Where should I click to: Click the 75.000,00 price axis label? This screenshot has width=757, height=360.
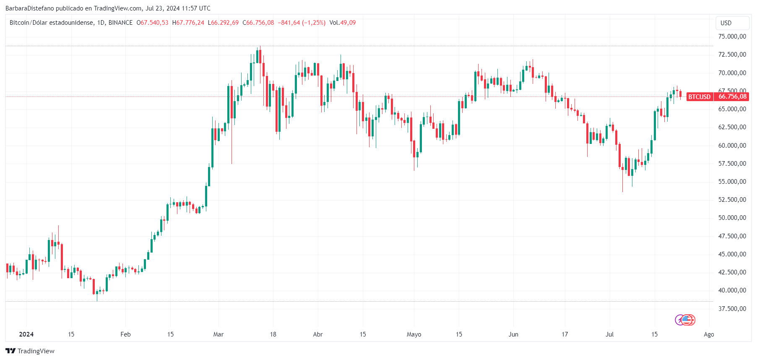[x=732, y=37]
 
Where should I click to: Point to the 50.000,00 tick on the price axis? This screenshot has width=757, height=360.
[x=732, y=218]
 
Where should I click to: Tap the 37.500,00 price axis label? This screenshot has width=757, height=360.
[x=732, y=309]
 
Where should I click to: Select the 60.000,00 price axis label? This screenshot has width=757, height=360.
[x=732, y=146]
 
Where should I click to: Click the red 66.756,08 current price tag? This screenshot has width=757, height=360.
[x=732, y=97]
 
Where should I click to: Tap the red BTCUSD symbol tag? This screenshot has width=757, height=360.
[x=699, y=97]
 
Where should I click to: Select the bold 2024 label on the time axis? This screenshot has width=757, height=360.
[x=26, y=334]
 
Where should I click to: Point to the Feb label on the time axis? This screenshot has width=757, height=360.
[x=125, y=334]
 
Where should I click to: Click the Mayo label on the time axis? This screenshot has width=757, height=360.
[x=414, y=334]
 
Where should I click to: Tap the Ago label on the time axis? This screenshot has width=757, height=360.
[x=709, y=334]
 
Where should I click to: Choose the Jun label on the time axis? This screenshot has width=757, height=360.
[x=513, y=334]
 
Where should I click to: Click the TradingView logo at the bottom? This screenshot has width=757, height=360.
[x=30, y=351]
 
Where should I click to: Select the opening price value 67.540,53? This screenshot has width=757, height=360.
[x=154, y=23]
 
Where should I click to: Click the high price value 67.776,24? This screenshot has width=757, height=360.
[x=190, y=23]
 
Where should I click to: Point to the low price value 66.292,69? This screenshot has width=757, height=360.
[x=225, y=23]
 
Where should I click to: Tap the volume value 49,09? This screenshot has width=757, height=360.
[x=348, y=23]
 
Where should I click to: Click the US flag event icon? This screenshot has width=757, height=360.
[x=687, y=320]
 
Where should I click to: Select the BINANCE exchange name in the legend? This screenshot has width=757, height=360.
[x=120, y=23]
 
